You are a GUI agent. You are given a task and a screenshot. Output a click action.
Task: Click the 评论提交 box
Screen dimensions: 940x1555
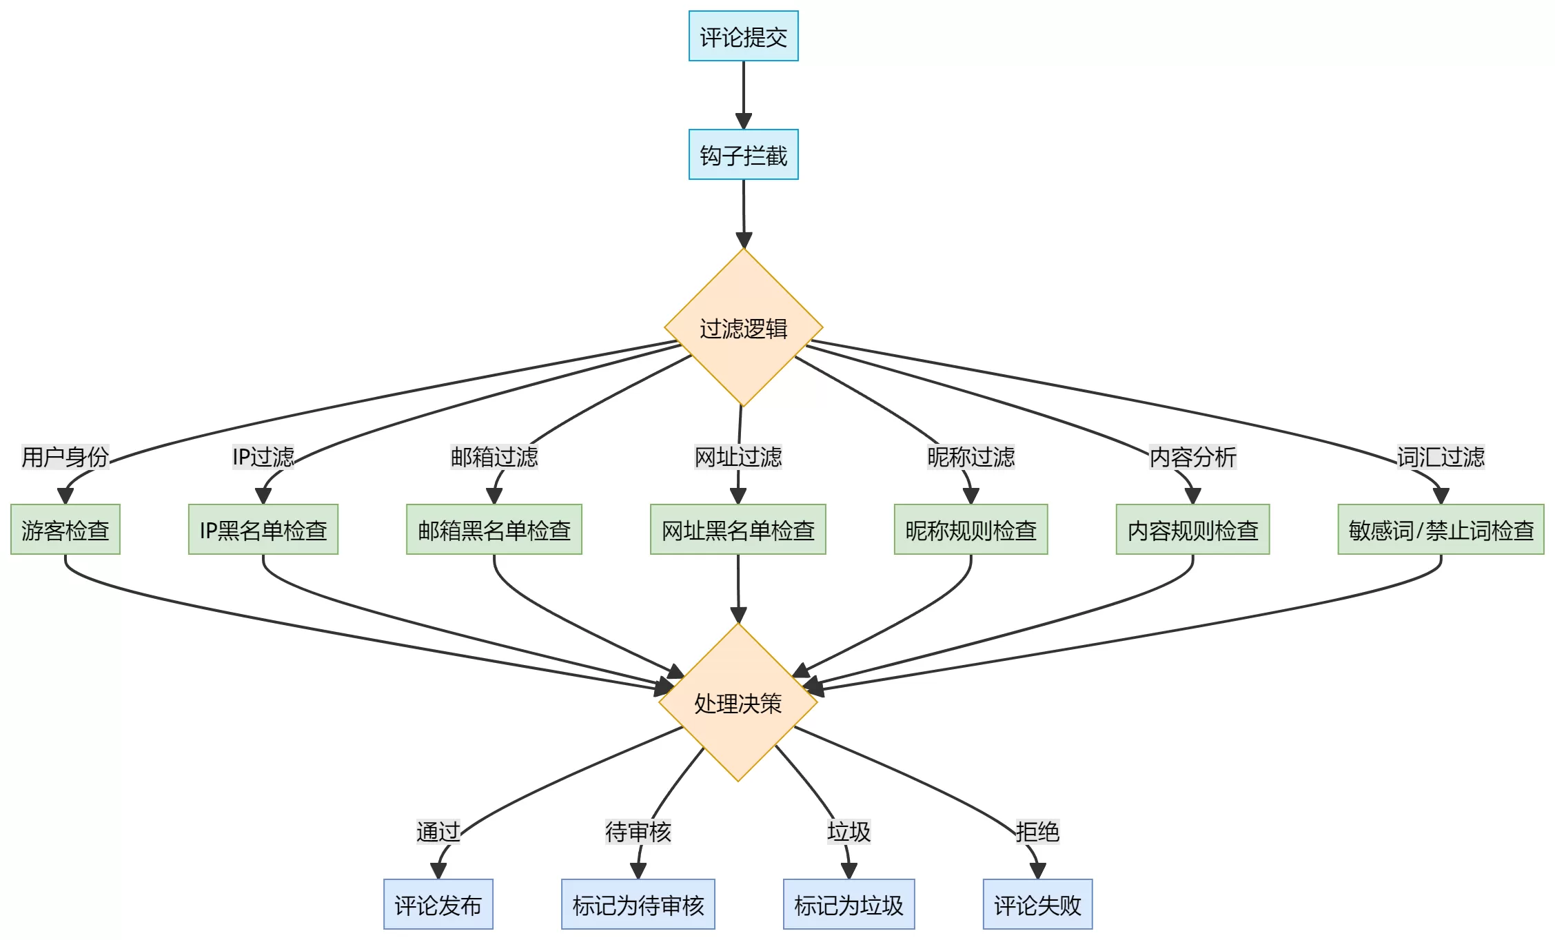pos(743,36)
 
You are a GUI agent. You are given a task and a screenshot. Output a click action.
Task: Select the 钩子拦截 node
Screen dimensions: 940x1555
pos(743,154)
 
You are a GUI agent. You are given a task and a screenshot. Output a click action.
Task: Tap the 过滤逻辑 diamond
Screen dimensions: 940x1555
pos(743,327)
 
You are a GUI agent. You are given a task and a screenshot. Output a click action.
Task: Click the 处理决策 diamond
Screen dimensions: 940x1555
pos(738,702)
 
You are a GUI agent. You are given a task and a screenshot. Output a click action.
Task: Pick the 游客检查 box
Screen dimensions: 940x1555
pos(65,529)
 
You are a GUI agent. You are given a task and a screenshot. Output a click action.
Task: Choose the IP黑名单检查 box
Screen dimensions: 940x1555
pos(263,529)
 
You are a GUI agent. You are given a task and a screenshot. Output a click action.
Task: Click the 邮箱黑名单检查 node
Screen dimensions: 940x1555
pos(494,529)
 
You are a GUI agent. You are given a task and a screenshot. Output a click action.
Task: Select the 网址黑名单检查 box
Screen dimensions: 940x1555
pos(738,529)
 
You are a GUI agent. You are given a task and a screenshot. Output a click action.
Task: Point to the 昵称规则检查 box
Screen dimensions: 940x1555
pos(970,529)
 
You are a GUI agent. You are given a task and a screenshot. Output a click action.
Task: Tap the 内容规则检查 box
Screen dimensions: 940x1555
pos(1192,529)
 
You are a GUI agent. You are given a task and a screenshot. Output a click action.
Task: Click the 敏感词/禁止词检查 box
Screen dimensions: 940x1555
pos(1441,529)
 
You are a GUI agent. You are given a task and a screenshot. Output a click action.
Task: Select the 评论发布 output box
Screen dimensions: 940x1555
pos(438,904)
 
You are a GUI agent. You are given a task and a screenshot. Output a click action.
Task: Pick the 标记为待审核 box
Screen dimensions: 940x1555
pos(638,904)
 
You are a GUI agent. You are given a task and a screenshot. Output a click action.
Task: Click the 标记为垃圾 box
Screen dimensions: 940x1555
pos(848,904)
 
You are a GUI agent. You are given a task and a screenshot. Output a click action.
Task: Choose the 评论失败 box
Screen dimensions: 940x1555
pos(1037,904)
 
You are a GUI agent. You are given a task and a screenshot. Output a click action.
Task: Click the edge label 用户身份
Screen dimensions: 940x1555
pos(65,456)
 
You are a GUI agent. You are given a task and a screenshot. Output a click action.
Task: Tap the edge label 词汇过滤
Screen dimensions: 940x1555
pos(1441,456)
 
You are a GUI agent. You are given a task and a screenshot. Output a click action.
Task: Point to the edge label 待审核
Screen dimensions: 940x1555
pos(638,831)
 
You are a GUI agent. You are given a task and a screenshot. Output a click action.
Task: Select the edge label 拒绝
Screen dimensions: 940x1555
pos(1037,831)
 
